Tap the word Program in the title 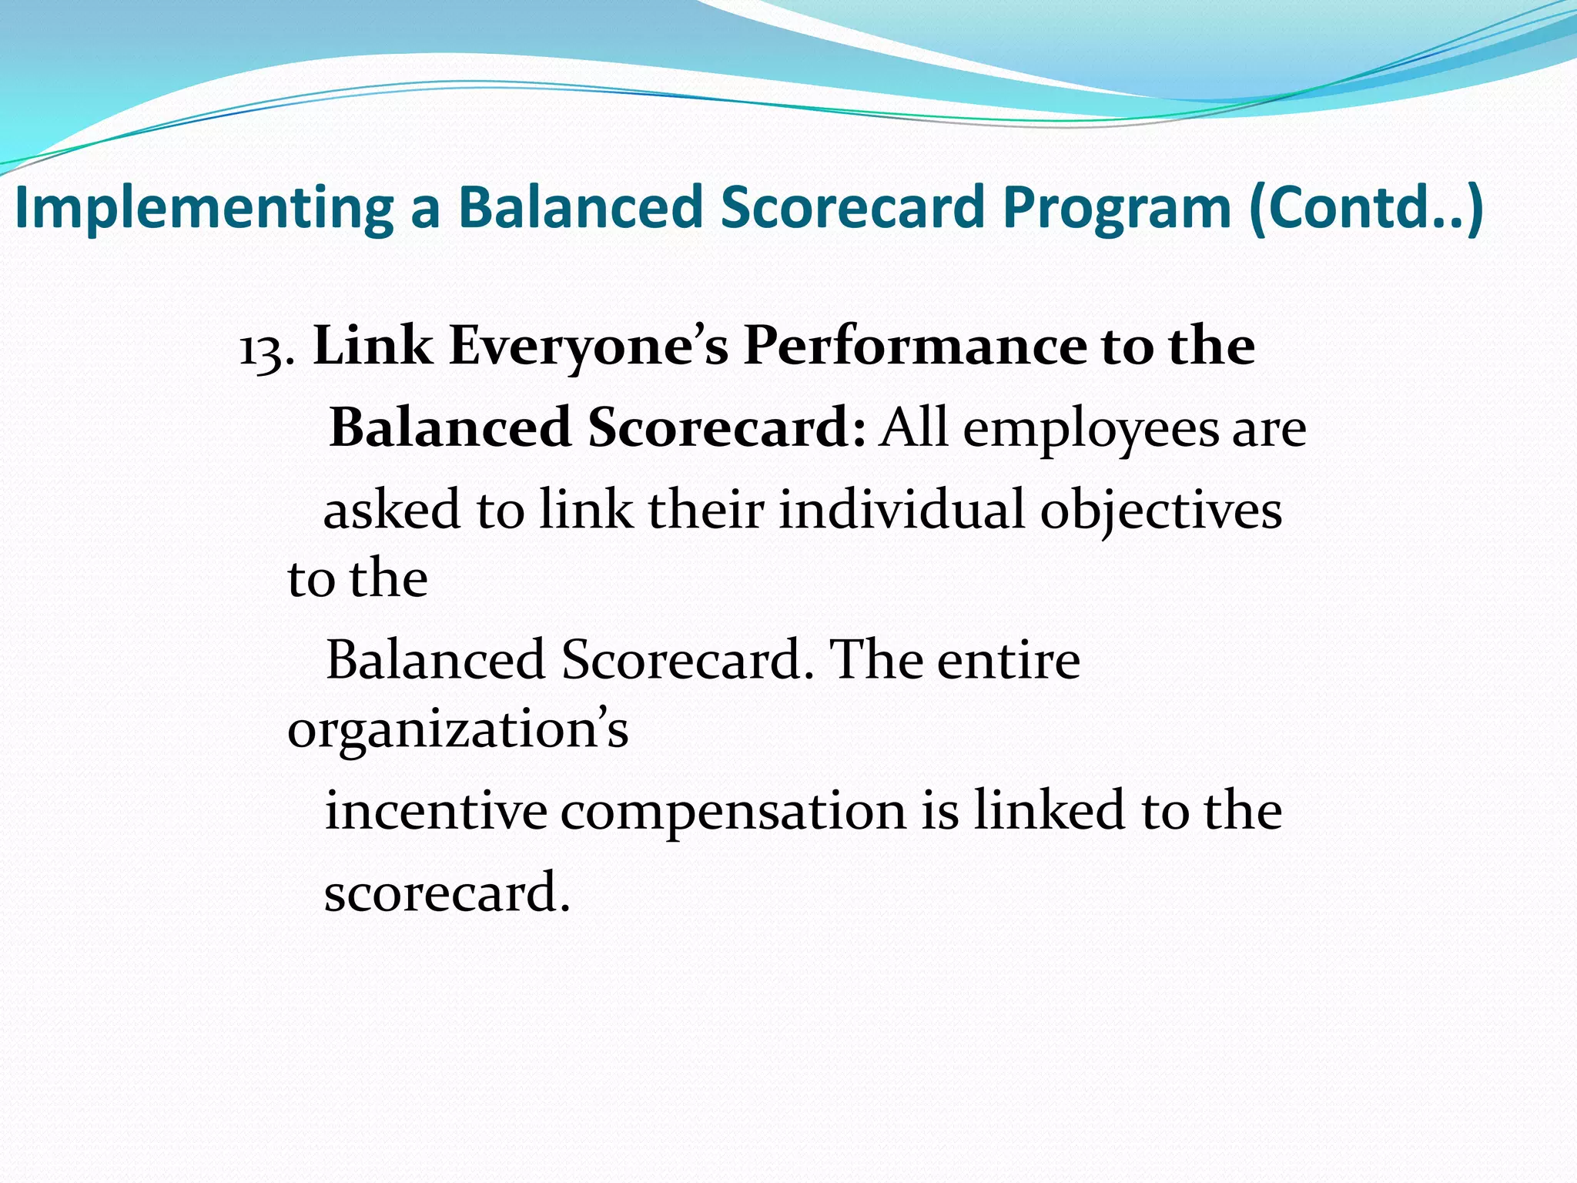tap(1117, 208)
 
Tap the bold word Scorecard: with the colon tap(727, 428)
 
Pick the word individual tap(902, 510)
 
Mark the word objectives tap(1161, 511)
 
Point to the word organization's tap(457, 730)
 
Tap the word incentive tap(436, 812)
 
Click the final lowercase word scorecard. tap(447, 893)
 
